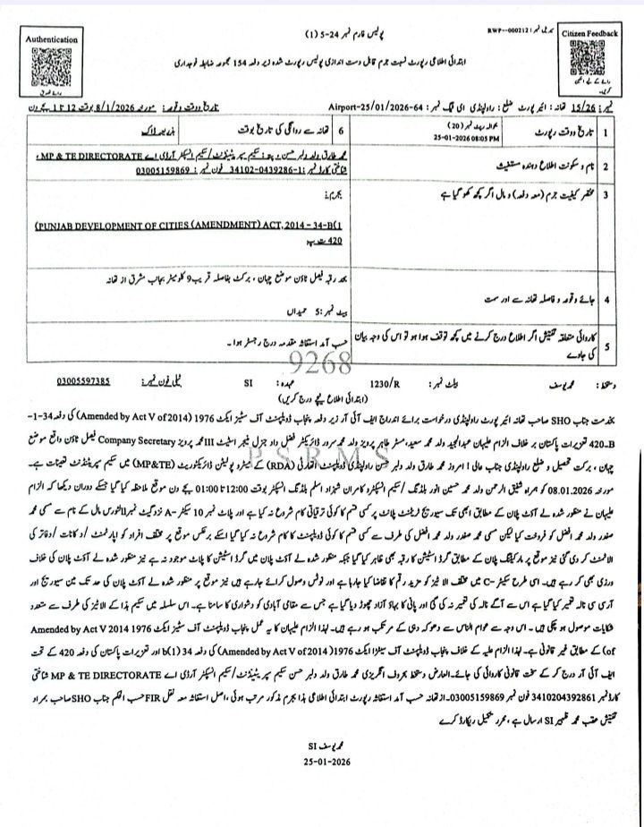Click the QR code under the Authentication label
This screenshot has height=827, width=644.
(52, 65)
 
